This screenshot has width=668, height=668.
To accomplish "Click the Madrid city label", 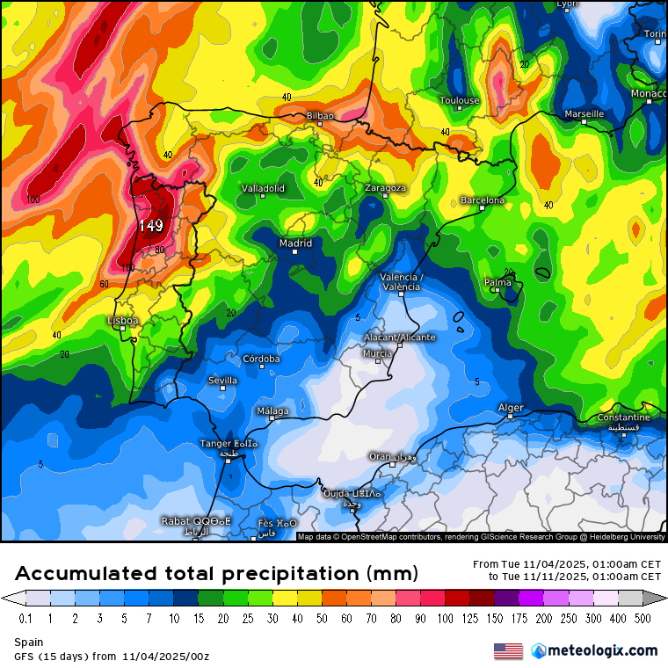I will point(295,243).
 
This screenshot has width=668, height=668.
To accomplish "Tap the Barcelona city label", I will point(483,200).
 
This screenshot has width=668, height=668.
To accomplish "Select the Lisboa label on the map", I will point(122,321).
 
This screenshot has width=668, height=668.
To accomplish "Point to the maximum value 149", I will point(150,226).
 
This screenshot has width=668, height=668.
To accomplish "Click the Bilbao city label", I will point(320,115).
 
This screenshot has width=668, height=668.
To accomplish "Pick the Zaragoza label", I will point(386,188).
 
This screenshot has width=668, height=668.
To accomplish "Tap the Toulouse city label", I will point(460,100).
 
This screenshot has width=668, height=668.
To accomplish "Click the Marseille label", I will point(584,114).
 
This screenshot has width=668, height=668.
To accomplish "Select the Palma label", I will point(497,282).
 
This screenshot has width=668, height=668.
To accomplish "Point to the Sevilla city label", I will point(222,380).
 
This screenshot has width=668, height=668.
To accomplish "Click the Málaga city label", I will point(272,410).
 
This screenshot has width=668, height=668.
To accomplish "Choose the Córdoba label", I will point(261,359).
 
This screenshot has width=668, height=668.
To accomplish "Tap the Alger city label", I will point(511,407).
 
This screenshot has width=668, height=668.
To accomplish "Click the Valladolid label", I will point(264,188).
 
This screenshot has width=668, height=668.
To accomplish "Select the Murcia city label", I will point(378,353).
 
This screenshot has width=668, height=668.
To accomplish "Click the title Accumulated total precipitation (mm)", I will point(215,574).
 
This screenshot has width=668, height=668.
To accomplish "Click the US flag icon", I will point(508,650).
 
